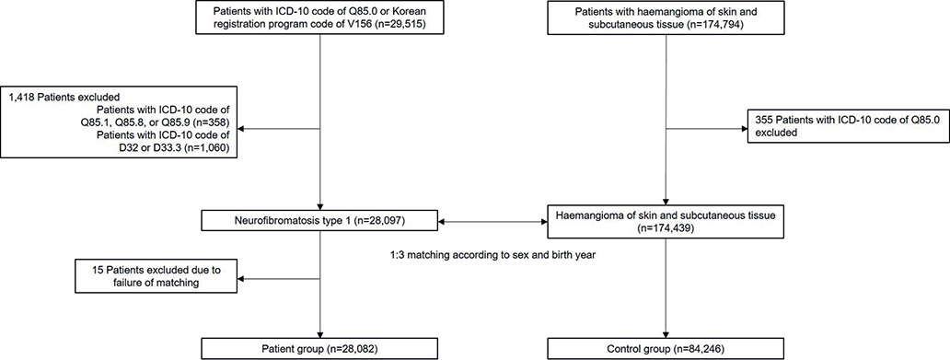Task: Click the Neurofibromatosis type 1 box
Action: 320,223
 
